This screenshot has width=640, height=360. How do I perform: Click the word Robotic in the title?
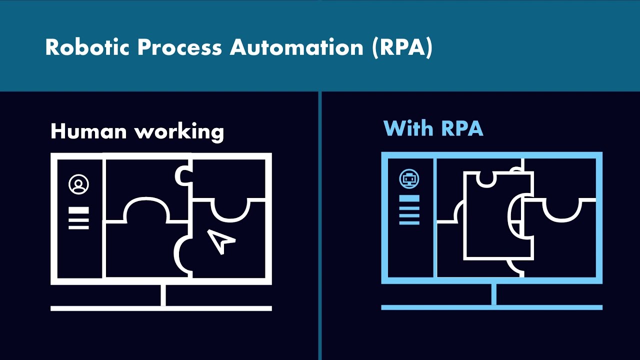[86, 47]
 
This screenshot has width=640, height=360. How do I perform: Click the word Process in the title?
[179, 47]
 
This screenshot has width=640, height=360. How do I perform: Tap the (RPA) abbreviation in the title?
[402, 48]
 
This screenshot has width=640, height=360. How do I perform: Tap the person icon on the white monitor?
[78, 184]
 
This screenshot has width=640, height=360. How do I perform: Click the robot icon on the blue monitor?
[409, 178]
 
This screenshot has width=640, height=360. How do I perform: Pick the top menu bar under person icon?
[78, 210]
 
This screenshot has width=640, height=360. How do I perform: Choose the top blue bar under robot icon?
[409, 198]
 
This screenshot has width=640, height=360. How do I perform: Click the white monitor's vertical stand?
[163, 295]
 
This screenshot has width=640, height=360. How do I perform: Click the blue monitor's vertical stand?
[493, 294]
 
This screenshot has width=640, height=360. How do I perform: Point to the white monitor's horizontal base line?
[161, 308]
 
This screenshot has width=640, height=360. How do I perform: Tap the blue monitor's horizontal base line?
[491, 307]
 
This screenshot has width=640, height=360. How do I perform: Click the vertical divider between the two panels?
[319, 225]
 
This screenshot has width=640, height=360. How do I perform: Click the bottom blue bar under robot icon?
[409, 222]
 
